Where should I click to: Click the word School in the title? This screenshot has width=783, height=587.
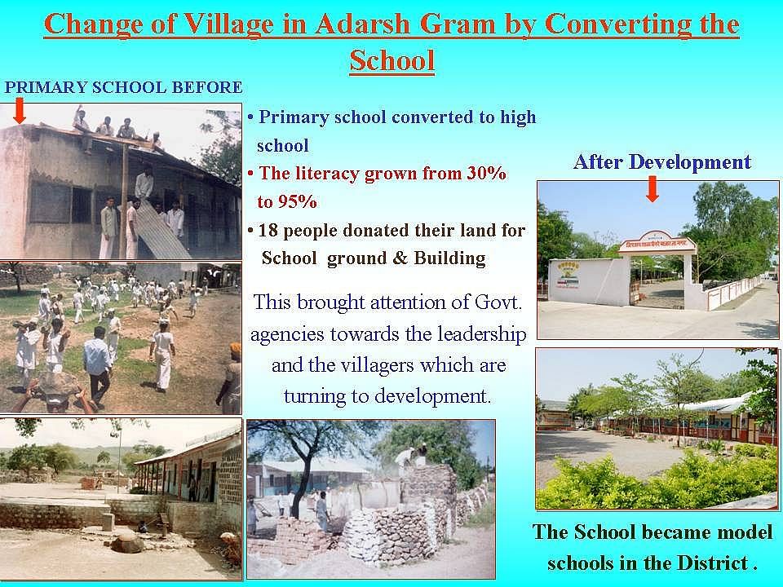pyautogui.click(x=392, y=60)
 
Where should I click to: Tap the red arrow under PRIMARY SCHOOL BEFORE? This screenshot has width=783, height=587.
pyautogui.click(x=20, y=110)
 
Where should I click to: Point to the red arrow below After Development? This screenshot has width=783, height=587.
pyautogui.click(x=652, y=189)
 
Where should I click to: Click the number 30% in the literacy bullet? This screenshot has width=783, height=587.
pyautogui.click(x=486, y=173)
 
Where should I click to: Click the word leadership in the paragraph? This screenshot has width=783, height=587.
pyautogui.click(x=482, y=334)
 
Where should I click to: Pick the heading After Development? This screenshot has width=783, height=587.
pyautogui.click(x=662, y=161)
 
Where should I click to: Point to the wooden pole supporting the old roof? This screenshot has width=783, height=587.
pyautogui.click(x=123, y=201)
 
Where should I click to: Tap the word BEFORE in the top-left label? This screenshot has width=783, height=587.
pyautogui.click(x=206, y=87)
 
